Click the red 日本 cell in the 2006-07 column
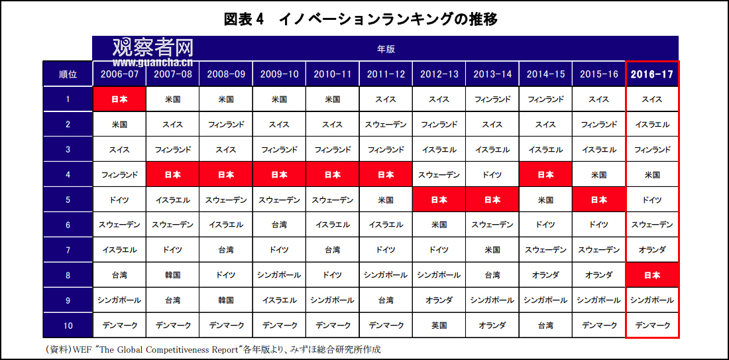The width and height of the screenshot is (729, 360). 119,99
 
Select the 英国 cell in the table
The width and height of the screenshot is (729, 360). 439,325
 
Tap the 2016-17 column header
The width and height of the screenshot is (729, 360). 652,74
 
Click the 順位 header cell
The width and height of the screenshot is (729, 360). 68,74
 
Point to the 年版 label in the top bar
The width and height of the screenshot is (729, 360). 386,48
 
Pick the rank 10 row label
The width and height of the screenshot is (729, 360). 68,325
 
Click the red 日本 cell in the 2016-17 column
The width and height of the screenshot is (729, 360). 652,275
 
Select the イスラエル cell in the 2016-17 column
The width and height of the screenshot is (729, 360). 652,124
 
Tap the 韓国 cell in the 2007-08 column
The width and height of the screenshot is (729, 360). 172,275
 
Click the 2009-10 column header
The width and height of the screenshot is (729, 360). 279,74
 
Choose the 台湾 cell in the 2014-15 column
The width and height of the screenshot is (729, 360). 545,325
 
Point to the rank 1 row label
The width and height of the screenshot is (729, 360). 68,99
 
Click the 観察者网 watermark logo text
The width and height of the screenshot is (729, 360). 152,48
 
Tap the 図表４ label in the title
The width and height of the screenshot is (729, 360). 244,19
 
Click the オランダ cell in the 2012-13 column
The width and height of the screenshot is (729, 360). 439,300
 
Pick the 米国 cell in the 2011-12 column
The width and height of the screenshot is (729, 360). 386,200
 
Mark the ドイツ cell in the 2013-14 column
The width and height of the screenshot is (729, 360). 492,174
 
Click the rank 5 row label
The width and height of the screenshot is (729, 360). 68,200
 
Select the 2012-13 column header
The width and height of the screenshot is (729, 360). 439,74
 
